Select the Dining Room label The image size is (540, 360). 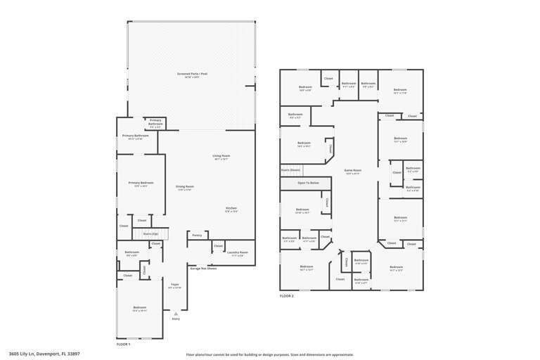(185, 186)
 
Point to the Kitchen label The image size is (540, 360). (231, 208)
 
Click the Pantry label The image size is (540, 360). (197, 235)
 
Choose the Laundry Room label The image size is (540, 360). (238, 252)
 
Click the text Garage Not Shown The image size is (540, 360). (203, 268)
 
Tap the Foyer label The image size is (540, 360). (174, 284)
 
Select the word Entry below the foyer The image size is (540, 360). (176, 319)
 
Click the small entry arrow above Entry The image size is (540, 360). (176, 312)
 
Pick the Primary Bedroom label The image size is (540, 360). (141, 183)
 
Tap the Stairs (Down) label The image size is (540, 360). (291, 169)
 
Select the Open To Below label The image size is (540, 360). (308, 183)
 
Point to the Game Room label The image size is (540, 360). (352, 170)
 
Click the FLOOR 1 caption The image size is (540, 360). (123, 344)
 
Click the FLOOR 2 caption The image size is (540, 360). (287, 296)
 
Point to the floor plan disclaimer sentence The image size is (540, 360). (269, 354)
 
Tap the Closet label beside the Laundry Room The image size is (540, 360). (218, 246)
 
